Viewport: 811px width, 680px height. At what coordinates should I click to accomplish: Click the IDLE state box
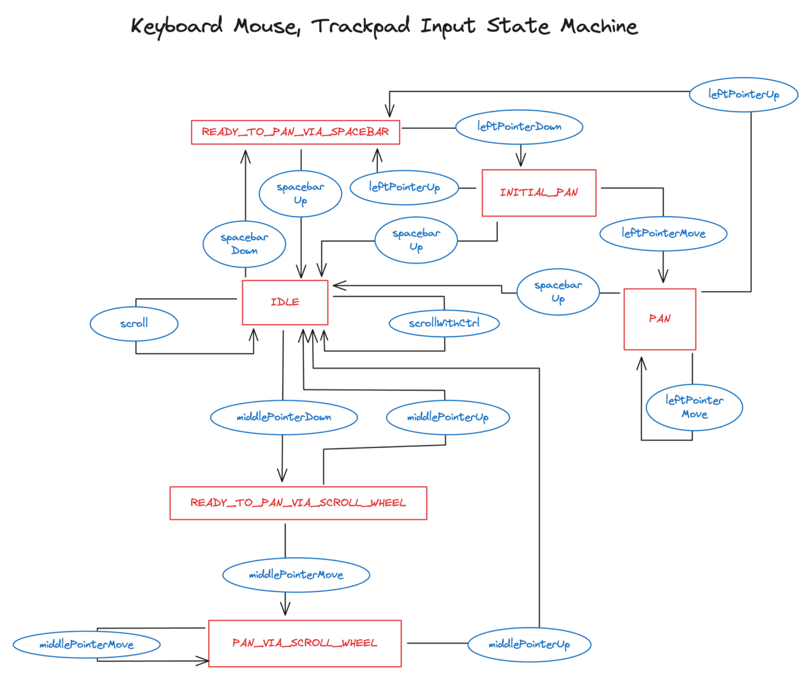pyautogui.click(x=285, y=302)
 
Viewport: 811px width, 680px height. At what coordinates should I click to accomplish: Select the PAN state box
pyautogui.click(x=659, y=319)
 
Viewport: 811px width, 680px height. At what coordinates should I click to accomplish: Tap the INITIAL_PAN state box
pyautogui.click(x=539, y=192)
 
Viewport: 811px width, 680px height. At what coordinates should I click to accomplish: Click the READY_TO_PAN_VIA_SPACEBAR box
pyautogui.click(x=295, y=132)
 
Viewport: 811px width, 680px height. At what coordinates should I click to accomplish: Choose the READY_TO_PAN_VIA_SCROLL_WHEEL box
pyautogui.click(x=298, y=503)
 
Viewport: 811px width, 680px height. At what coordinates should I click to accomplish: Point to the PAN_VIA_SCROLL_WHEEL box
pyautogui.click(x=304, y=643)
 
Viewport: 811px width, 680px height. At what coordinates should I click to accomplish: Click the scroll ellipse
pyautogui.click(x=134, y=324)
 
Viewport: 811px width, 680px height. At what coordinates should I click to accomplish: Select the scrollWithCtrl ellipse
pyautogui.click(x=444, y=323)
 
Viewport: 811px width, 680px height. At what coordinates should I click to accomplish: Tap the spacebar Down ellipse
pyautogui.click(x=244, y=244)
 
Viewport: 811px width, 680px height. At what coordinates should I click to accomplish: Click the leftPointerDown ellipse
pyautogui.click(x=519, y=127)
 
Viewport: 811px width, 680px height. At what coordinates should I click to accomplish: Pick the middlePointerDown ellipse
pyautogui.click(x=283, y=417)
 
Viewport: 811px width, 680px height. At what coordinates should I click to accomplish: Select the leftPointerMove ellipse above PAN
pyautogui.click(x=663, y=233)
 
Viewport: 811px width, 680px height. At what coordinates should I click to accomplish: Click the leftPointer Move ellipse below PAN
pyautogui.click(x=694, y=407)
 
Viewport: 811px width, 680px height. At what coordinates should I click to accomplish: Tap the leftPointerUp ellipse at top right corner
pyautogui.click(x=743, y=94)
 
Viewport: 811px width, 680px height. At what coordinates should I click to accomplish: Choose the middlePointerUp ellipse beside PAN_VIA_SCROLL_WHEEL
pyautogui.click(x=529, y=644)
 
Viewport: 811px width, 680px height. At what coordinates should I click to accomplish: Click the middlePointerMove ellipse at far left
pyautogui.click(x=86, y=644)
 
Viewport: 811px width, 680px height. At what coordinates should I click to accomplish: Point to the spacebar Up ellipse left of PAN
pyautogui.click(x=558, y=291)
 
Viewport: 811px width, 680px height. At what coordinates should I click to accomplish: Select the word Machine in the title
pyautogui.click(x=599, y=26)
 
